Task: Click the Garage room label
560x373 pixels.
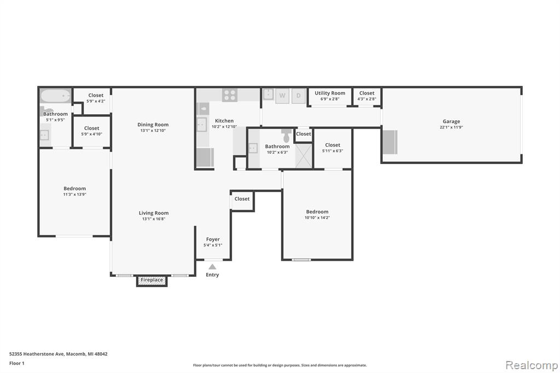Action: point(451,121)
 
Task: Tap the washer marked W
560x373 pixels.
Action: point(282,96)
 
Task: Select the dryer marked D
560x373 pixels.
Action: point(299,96)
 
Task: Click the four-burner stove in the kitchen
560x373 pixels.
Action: point(230,95)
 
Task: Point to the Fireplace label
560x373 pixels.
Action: point(152,280)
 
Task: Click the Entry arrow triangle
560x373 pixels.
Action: point(213,266)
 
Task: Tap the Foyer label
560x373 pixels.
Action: point(213,240)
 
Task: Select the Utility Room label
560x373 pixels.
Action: point(330,93)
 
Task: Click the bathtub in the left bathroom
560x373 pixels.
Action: point(55,96)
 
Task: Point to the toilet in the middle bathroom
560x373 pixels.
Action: point(287,136)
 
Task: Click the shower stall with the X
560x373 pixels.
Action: point(304,155)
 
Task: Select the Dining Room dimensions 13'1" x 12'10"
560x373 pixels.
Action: point(153,131)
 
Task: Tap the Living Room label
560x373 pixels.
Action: point(154,213)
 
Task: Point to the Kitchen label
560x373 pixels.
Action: point(224,121)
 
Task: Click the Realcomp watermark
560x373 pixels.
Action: point(532,365)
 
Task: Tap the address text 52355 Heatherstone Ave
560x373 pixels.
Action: point(37,354)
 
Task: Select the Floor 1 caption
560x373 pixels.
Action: point(17,363)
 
